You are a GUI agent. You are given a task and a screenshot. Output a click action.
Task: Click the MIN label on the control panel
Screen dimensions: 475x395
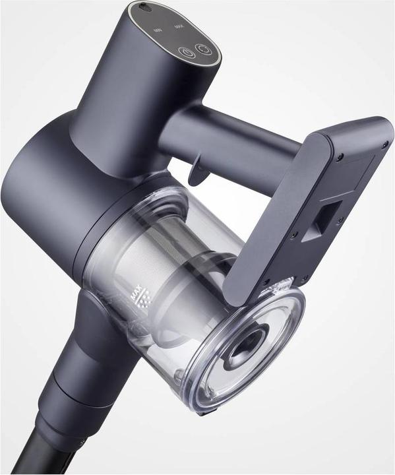click(157, 30)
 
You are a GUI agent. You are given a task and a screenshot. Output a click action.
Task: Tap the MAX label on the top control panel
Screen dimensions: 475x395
click(178, 26)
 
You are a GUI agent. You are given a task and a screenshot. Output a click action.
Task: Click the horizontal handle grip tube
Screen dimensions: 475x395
click(237, 139)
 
